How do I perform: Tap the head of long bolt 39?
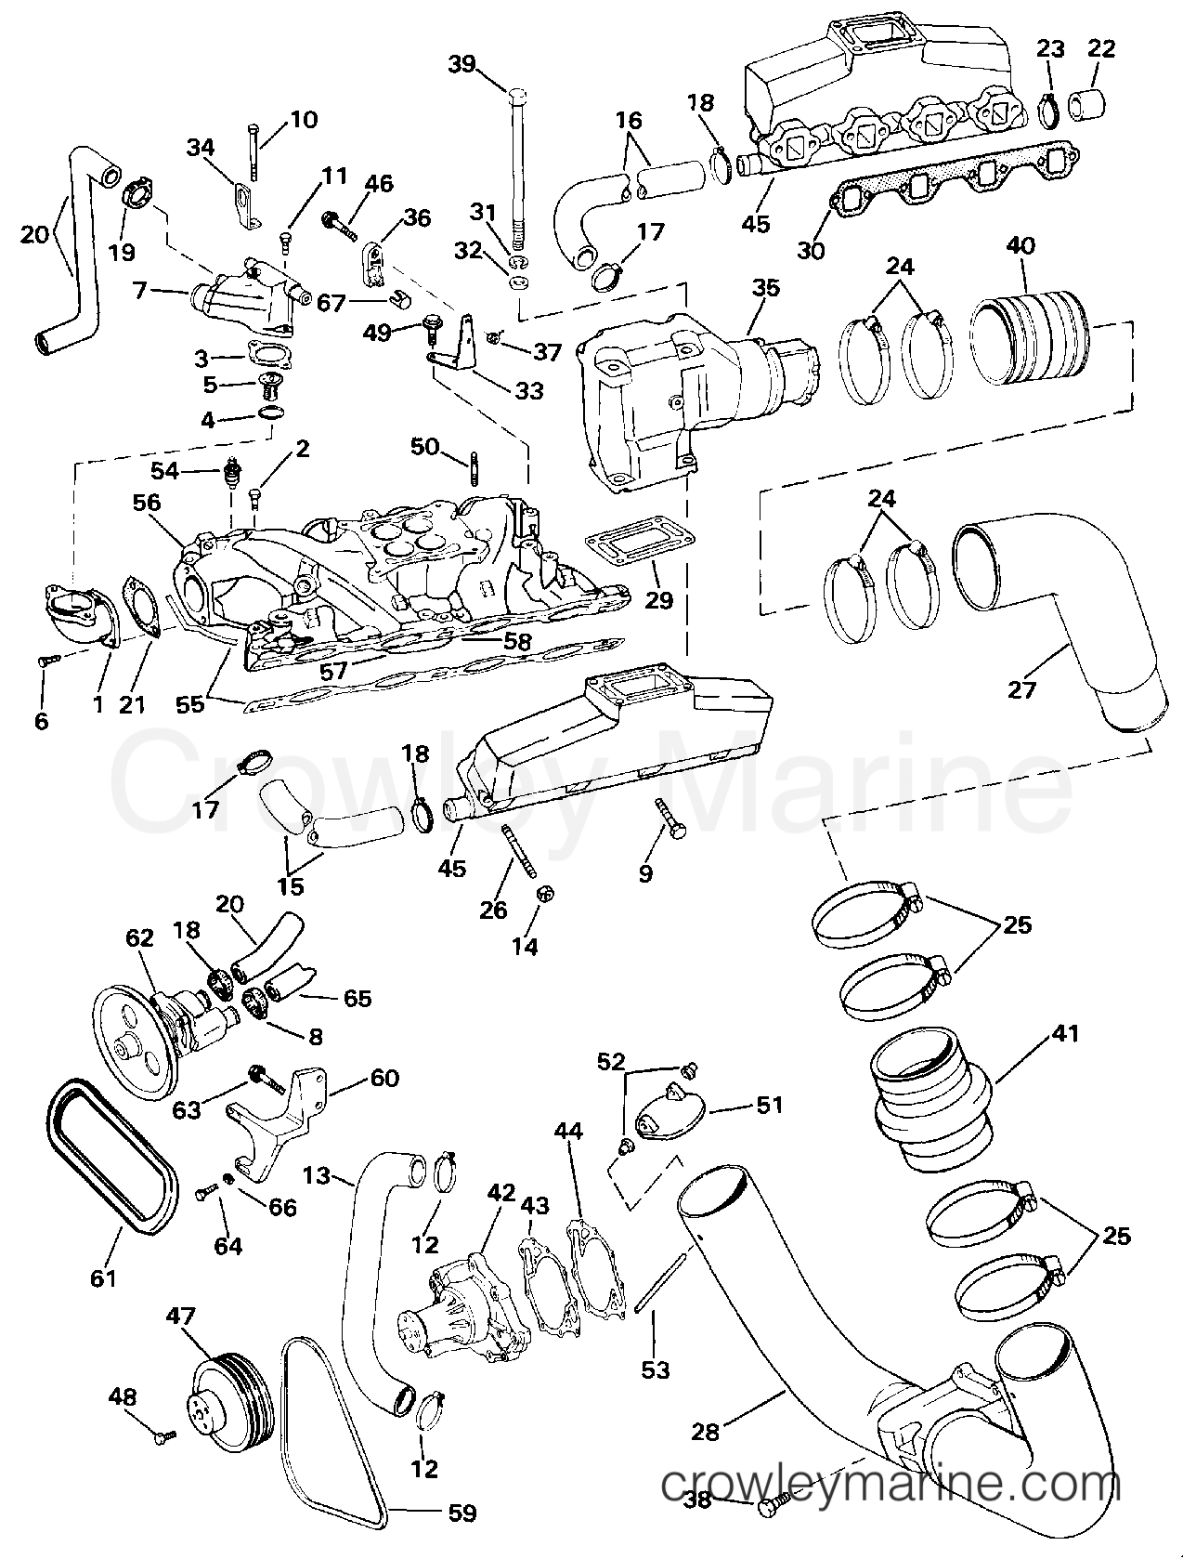point(518,95)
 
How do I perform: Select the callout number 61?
point(104,1277)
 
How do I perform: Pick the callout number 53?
point(656,1369)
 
